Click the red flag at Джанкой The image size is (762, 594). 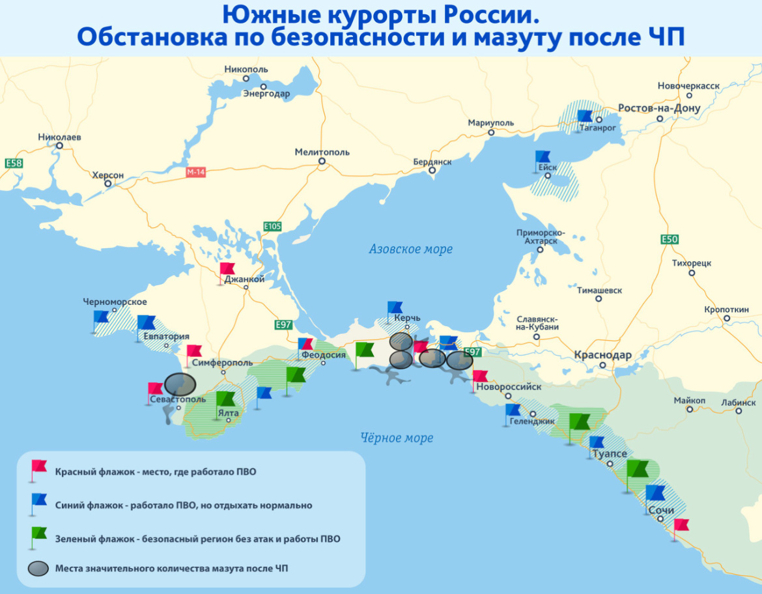pyautogui.click(x=227, y=269)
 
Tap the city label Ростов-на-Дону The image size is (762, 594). pyautogui.click(x=659, y=108)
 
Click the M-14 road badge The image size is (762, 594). pyautogui.click(x=195, y=173)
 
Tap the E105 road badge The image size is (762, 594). pyautogui.click(x=272, y=227)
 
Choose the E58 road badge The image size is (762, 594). pyautogui.click(x=13, y=163)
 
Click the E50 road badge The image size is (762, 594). pyautogui.click(x=670, y=240)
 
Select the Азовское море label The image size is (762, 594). pyautogui.click(x=410, y=249)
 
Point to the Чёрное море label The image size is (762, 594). pyautogui.click(x=397, y=438)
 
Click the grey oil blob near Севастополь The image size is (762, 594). pyautogui.click(x=180, y=384)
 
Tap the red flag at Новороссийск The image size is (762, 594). pyautogui.click(x=480, y=377)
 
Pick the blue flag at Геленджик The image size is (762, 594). pyautogui.click(x=513, y=410)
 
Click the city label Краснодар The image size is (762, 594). pyautogui.click(x=602, y=355)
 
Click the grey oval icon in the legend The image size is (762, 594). pyautogui.click(x=38, y=569)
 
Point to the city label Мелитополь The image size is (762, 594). pyautogui.click(x=322, y=152)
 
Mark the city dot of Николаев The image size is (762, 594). pyautogui.click(x=59, y=146)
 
